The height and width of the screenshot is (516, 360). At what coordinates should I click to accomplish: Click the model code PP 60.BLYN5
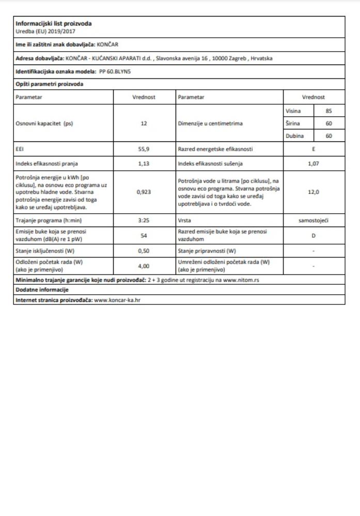[115, 72]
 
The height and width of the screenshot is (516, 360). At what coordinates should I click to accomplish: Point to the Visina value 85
[328, 111]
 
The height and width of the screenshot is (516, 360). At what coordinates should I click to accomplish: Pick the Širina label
[293, 124]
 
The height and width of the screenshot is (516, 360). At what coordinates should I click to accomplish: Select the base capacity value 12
[144, 124]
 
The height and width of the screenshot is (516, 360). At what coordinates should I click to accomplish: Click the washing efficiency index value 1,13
[144, 165]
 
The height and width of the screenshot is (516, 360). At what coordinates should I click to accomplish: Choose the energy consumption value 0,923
[144, 191]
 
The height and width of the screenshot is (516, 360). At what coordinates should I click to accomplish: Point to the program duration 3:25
[144, 220]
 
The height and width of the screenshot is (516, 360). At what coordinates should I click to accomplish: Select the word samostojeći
[314, 220]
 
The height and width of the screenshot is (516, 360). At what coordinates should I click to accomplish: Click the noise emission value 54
[144, 235]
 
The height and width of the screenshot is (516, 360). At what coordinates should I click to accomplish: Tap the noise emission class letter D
[314, 235]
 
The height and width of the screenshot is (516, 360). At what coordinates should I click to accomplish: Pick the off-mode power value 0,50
[144, 251]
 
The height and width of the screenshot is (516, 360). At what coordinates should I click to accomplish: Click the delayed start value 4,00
[144, 266]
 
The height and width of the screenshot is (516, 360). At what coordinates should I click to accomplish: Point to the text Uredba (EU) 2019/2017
[41, 31]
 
